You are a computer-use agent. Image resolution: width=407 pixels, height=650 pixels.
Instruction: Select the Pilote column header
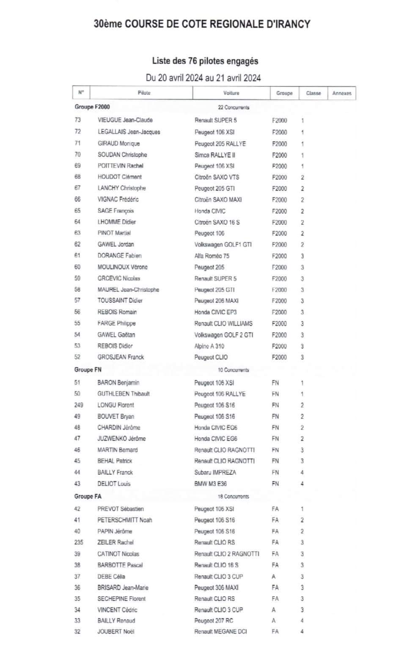(144, 93)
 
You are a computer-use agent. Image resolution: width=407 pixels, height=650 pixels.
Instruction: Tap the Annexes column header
(341, 93)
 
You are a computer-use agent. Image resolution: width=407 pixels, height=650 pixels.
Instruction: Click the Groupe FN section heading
(88, 370)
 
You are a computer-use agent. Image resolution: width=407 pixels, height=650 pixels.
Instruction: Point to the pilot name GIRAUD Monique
(118, 144)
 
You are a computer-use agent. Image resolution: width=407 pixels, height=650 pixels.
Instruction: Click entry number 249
(79, 405)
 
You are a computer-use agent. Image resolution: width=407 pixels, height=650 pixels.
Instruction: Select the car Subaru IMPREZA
(215, 473)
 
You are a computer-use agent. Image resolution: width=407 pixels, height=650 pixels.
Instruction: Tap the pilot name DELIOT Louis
(114, 484)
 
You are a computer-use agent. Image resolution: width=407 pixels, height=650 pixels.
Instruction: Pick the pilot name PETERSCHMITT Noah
(124, 520)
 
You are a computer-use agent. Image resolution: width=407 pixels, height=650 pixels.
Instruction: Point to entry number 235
(79, 542)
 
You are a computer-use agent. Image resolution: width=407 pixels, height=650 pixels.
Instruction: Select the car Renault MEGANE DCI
(220, 632)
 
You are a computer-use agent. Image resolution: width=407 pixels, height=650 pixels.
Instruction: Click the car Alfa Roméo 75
(212, 256)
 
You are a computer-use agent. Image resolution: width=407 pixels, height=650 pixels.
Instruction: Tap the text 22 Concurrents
(234, 108)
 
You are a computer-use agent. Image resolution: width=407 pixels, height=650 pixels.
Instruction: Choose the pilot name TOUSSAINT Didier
(120, 301)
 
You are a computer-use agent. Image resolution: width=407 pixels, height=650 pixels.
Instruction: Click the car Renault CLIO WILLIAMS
(223, 324)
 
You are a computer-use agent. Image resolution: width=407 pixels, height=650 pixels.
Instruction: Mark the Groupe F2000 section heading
(92, 107)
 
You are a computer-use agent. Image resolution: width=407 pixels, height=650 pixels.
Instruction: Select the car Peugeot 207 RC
(214, 621)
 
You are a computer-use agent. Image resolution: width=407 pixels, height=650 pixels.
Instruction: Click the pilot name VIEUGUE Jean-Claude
(125, 120)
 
